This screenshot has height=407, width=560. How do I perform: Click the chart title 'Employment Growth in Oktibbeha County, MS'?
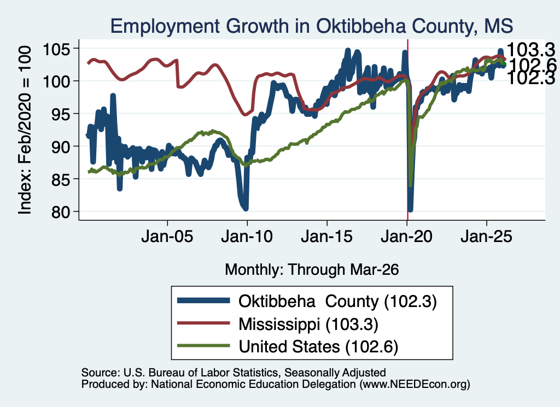[311, 26]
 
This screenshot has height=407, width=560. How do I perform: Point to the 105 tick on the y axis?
[56, 49]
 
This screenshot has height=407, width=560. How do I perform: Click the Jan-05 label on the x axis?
[167, 237]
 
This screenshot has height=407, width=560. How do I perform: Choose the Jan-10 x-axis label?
[247, 237]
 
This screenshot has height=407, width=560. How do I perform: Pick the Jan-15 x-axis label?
[327, 237]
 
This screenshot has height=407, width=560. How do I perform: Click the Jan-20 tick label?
[406, 237]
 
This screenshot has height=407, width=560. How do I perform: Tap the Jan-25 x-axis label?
[486, 237]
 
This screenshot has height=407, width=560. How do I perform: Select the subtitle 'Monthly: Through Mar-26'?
[312, 270]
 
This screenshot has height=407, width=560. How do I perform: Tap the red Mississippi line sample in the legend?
[203, 323]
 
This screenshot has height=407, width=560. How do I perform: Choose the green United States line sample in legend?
[203, 346]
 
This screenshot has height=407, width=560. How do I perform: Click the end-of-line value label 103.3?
[531, 50]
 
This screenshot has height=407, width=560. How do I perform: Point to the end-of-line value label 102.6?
[532, 65]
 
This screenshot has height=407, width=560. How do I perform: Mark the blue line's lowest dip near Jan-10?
[246, 208]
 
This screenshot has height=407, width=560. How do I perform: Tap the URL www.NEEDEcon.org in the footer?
[415, 384]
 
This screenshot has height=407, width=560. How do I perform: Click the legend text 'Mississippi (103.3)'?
[308, 325]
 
